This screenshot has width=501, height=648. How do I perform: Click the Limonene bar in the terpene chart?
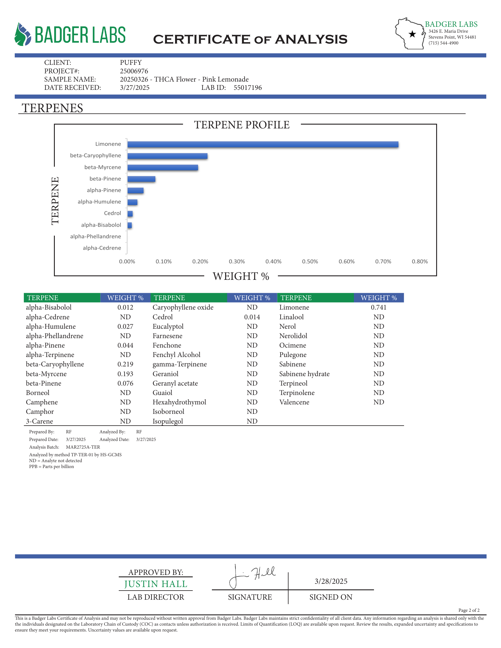coord(263,145)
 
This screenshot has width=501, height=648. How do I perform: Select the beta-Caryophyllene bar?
coord(167,156)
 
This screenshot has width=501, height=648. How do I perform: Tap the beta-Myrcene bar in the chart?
coord(163,168)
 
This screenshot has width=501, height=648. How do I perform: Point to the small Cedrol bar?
coord(130,214)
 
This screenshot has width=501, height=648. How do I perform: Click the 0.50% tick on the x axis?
coord(310,261)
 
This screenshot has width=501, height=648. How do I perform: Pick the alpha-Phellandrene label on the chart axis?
coord(95,237)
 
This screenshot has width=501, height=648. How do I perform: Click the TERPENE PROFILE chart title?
coord(242,125)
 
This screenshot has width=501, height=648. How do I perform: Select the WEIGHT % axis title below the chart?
coord(241,276)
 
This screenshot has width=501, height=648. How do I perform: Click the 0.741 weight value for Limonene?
coord(378,308)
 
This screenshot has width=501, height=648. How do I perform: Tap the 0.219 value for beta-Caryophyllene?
coord(125,364)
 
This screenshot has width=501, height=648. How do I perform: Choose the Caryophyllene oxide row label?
coord(183,308)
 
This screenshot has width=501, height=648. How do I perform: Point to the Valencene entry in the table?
coord(294,402)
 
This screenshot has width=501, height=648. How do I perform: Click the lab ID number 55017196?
coord(248,87)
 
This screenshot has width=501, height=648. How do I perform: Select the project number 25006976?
coord(134,71)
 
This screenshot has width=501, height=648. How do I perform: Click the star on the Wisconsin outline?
coord(412,34)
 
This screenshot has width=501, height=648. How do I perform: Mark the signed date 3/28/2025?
coord(331,581)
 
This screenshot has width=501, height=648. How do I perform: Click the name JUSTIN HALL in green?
coord(156,584)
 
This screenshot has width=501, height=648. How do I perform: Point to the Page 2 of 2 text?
coord(469,610)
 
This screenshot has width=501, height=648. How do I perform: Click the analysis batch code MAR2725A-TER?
coord(83,447)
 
